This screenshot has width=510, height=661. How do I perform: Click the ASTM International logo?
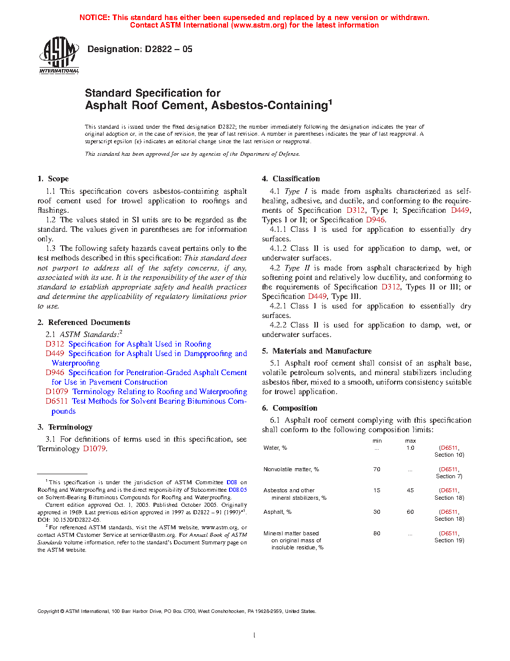pos(59,55)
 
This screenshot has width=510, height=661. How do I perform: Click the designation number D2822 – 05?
pos(168,49)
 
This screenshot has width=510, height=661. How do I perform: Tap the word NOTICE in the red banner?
pos(94,18)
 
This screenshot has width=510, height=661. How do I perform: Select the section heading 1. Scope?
pos(53,179)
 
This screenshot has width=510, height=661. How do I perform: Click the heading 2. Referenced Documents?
pos(83,322)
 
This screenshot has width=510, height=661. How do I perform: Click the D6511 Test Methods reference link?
pos(56,401)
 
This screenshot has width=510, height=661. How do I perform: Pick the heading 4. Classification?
pos(291,179)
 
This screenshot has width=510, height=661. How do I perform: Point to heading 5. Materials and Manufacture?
pos(316,351)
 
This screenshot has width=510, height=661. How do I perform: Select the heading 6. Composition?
pos(289,408)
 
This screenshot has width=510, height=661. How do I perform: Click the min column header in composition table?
pos(377,441)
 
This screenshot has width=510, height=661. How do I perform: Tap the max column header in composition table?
pos(410,441)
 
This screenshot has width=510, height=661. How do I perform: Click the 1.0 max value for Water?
pos(410,448)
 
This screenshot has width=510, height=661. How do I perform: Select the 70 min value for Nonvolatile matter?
pos(377,469)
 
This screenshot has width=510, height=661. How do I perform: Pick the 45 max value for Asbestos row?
pos(410,490)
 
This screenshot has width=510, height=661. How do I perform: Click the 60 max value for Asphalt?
pos(410,512)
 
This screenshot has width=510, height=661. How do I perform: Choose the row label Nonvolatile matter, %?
pos(291,469)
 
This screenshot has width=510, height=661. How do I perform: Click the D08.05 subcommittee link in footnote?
pos(237,490)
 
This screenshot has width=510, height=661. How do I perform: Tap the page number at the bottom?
pos(254,635)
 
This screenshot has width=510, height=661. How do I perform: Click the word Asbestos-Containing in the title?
pos(269,106)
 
